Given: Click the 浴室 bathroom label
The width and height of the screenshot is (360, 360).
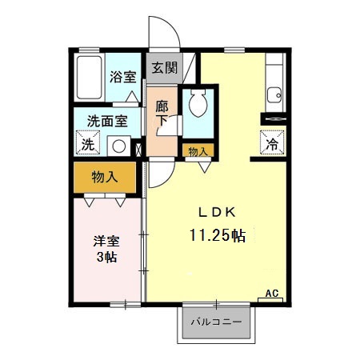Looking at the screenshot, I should click(123, 78).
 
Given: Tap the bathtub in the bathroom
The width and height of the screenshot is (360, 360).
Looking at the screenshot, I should click(89, 78).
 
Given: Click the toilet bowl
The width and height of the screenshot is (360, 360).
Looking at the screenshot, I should click(197, 104).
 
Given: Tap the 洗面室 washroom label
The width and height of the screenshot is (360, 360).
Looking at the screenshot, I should click(107, 122).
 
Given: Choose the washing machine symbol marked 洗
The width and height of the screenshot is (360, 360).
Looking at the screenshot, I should click(86, 145).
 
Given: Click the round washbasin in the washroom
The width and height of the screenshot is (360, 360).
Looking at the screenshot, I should click(118, 146).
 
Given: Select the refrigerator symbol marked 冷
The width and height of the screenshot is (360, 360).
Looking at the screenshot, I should click(272, 144).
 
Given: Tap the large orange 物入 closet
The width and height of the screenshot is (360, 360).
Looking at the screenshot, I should click(106, 178).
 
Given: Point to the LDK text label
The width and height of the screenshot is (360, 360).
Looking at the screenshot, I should click(216, 212).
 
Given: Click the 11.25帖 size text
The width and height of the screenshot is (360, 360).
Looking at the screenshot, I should click(217, 236).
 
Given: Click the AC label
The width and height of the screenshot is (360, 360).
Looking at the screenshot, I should click(273, 293).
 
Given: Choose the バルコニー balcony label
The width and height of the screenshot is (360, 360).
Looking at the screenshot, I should click(216, 323).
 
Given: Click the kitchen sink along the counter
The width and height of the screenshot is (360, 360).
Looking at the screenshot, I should click(274, 92).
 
